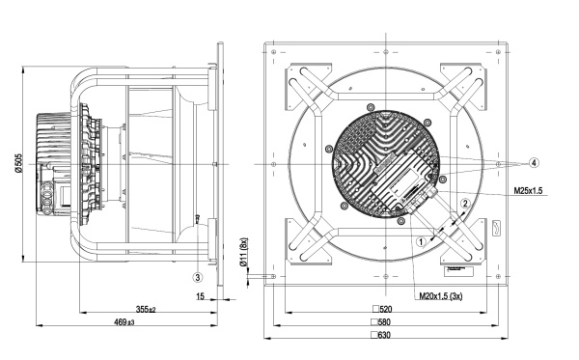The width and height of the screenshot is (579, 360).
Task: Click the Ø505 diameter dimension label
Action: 19,163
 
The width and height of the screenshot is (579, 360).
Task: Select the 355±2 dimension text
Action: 146,310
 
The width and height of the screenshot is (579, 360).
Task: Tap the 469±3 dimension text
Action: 124,322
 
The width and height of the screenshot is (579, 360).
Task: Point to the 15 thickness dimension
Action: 200,296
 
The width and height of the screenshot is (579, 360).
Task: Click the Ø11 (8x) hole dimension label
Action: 243,252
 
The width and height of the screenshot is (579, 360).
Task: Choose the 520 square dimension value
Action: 382,309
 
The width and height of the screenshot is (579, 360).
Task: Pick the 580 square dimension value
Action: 381,322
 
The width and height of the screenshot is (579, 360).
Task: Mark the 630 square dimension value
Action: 381,335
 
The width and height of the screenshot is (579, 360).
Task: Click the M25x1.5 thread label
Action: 528,191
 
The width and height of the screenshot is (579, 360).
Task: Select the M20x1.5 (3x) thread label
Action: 441,296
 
